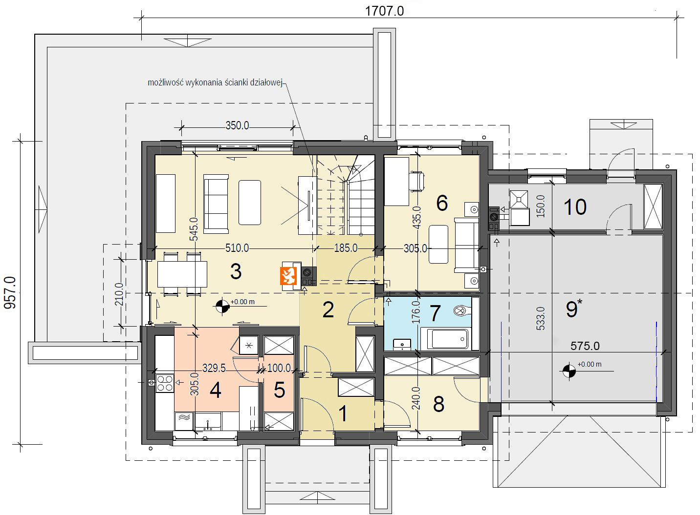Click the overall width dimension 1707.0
pyautogui.click(x=384, y=11)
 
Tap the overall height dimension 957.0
pyautogui.click(x=10, y=293)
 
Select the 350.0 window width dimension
pyautogui.click(x=237, y=125)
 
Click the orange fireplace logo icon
pyautogui.click(x=288, y=276)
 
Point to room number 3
pyautogui.click(x=236, y=271)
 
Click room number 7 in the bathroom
pyautogui.click(x=435, y=313)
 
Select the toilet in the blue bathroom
pyautogui.click(x=462, y=310)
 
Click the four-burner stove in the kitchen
pyautogui.click(x=165, y=383)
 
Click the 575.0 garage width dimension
pyautogui.click(x=585, y=346)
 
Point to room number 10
pyautogui.click(x=575, y=206)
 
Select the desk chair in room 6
pyautogui.click(x=417, y=181)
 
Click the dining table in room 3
pyautogui.click(x=182, y=274)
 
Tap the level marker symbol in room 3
pyautogui.click(x=222, y=307)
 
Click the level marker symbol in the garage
pyautogui.click(x=569, y=371)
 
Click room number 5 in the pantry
pyautogui.click(x=280, y=390)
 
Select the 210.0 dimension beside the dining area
pyautogui.click(x=119, y=294)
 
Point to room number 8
pyautogui.click(x=439, y=404)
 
